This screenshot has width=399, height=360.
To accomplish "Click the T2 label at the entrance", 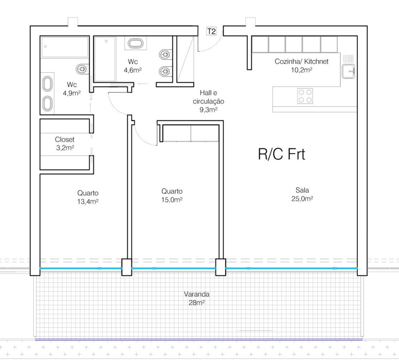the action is (211, 31).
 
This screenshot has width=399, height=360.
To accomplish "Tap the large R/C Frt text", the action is (282, 154).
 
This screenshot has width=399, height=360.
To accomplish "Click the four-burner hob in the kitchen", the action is (305, 96).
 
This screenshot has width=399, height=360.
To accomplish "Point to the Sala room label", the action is (302, 190).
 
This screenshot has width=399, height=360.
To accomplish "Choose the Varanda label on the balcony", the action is (197, 294).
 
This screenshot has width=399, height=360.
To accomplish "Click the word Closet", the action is (64, 139).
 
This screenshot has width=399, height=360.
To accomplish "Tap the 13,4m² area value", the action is (88, 202).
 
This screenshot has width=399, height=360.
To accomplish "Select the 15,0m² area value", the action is (172, 200).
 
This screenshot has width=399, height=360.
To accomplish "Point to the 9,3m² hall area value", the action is (208, 110).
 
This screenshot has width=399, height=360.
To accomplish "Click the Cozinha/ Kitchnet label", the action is (302, 61).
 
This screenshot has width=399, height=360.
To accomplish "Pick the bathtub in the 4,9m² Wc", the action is (65, 47).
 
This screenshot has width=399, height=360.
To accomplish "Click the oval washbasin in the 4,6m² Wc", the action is (136, 43).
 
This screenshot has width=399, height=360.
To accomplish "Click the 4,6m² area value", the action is (133, 70).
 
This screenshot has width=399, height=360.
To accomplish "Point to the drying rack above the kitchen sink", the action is (348, 58).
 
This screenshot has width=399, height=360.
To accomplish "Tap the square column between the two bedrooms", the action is (127, 267).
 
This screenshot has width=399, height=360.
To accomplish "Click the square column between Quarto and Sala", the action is (221, 267).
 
